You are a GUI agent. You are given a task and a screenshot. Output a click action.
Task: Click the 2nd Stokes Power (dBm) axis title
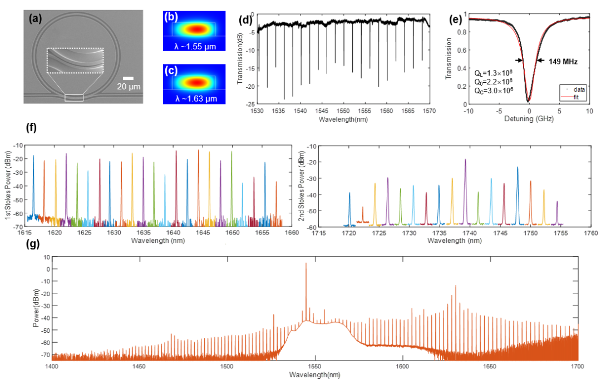(x=317, y=187)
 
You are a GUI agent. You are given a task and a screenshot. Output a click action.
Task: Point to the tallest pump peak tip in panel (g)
(x=306, y=263)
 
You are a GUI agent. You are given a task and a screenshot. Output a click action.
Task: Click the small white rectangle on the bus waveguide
(x=74, y=98)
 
